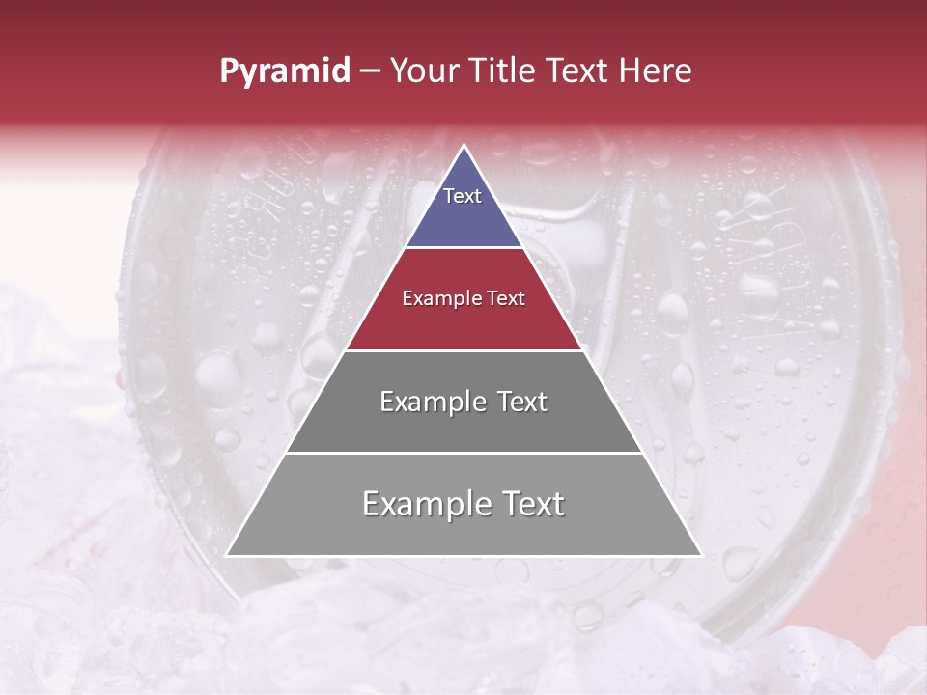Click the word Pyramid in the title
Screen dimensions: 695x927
(285, 71)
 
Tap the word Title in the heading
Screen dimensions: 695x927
(504, 71)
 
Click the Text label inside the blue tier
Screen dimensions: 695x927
(463, 196)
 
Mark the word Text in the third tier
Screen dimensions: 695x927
(522, 402)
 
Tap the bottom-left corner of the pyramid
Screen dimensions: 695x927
(228, 555)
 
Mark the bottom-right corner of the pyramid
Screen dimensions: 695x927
(700, 555)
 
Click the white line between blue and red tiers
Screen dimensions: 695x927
(463, 248)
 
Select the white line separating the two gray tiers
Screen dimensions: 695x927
(463, 453)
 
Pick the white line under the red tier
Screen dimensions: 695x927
(463, 350)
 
